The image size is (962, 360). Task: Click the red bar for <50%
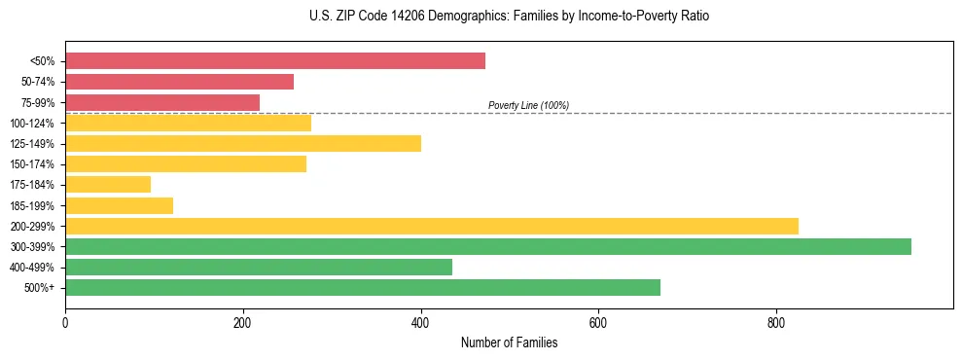(275, 61)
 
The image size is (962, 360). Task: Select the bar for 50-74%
(179, 82)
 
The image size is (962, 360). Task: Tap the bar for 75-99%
(162, 102)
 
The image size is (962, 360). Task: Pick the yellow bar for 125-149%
(243, 143)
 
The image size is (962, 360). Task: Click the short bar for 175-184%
(108, 184)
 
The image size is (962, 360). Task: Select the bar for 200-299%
(432, 226)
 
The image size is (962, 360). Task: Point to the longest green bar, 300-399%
(488, 246)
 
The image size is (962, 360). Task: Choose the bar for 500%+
(363, 287)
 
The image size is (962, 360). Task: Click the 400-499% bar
(259, 267)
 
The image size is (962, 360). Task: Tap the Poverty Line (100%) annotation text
(528, 105)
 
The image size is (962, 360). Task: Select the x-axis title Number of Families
(510, 342)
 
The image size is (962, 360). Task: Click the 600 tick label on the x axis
(598, 322)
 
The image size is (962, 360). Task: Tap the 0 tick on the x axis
(65, 322)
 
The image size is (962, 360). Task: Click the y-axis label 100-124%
(33, 124)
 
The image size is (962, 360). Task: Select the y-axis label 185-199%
(33, 205)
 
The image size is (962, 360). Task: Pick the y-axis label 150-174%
(33, 164)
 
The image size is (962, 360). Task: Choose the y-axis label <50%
(43, 61)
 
